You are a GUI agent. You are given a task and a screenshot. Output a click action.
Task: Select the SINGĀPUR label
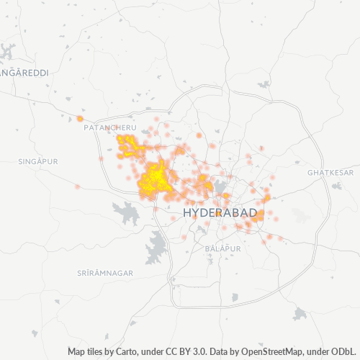point(38,162)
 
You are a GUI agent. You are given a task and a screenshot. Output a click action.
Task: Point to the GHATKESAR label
point(330,174)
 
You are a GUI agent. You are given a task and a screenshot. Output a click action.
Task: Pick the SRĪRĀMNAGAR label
point(105,274)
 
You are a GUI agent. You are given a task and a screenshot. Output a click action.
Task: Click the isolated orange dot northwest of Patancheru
point(80,118)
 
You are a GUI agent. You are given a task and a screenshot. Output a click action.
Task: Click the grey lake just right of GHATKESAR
point(337,186)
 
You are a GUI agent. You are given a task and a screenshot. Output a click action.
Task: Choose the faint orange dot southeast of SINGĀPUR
point(77,186)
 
